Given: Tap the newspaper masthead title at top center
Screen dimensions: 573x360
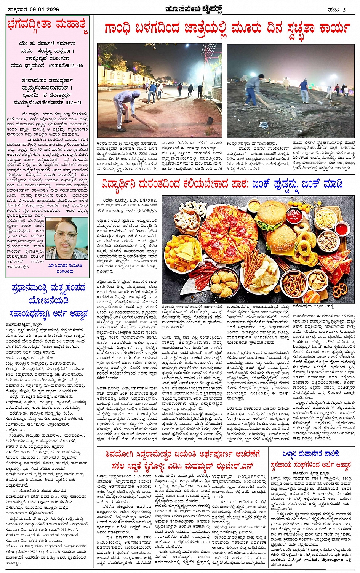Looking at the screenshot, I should tap(180, 9).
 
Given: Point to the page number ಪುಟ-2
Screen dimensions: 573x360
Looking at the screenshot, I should tap(336, 10).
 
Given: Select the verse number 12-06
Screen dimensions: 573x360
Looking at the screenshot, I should tap(74, 66).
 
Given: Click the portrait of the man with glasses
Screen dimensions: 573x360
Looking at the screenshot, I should tap(69, 239).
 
